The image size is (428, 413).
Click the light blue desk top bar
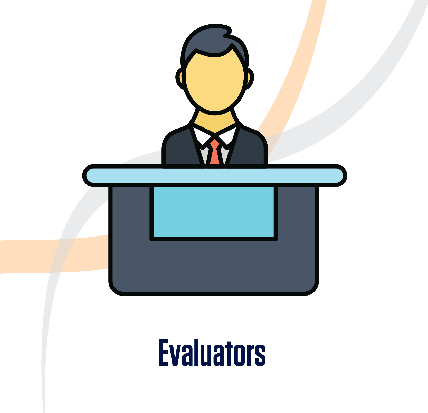[x=215, y=175]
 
